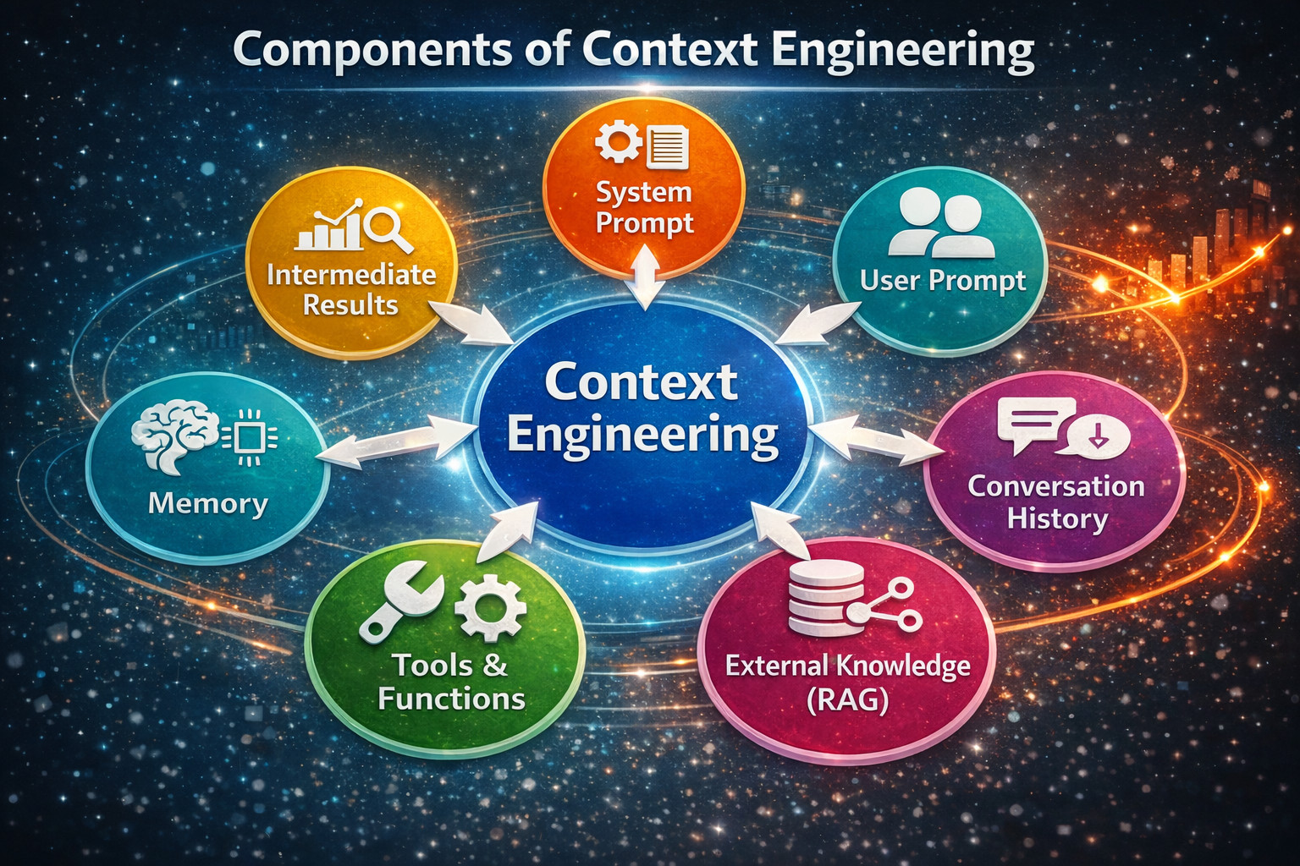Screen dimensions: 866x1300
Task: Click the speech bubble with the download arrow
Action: [1098, 436]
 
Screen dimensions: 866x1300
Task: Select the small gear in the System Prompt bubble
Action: [619, 142]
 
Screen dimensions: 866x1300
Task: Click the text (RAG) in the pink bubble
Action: [847, 699]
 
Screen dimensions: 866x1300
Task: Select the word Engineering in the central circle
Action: [642, 434]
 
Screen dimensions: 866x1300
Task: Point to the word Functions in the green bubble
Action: [451, 699]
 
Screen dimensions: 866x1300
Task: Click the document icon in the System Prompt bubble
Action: [668, 145]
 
